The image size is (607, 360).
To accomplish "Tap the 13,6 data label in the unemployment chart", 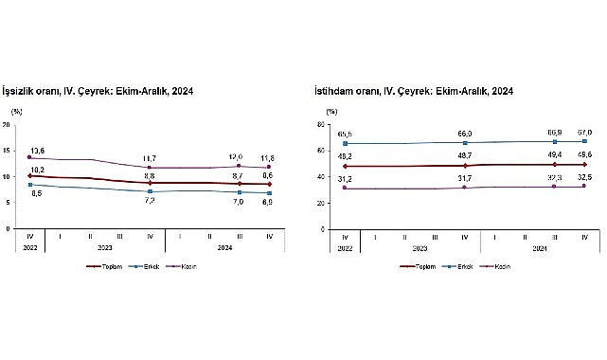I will (x=38, y=151).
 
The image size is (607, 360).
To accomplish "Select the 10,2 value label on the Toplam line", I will (x=38, y=169).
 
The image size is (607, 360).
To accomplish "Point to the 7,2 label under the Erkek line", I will (x=150, y=200).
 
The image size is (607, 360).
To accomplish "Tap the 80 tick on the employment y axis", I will (x=323, y=124).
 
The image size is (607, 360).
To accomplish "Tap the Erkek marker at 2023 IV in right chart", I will (x=465, y=142).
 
